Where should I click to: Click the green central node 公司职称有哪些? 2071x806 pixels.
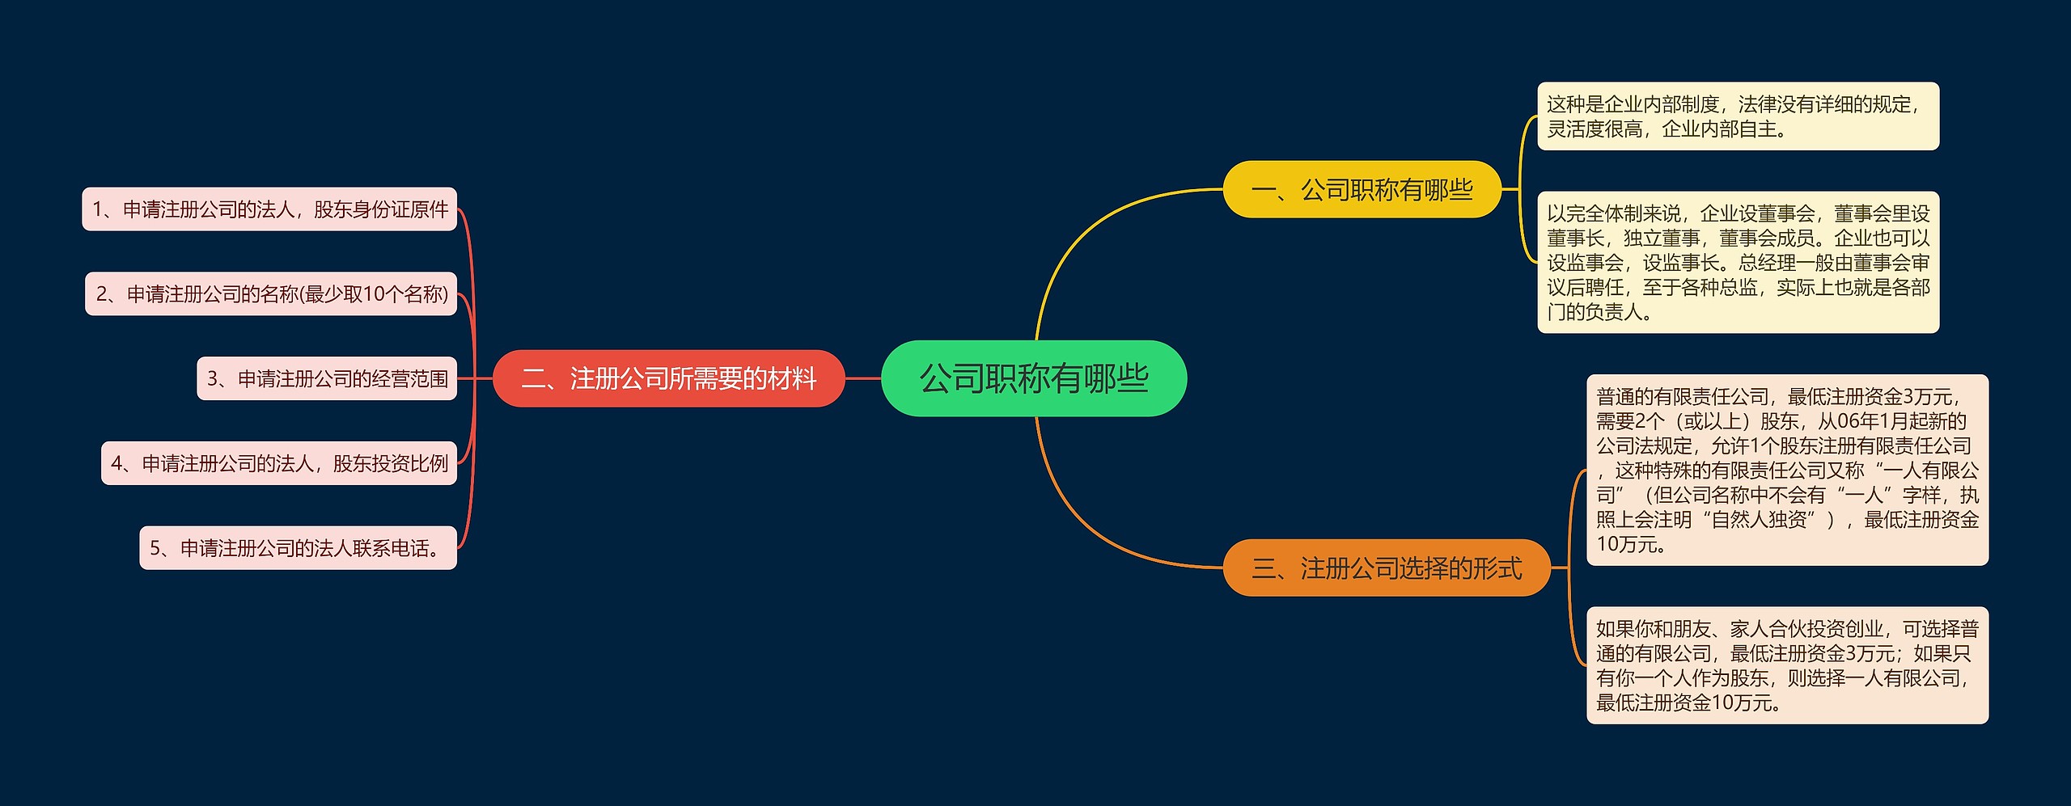click(x=1033, y=378)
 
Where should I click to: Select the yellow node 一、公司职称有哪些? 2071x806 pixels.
click(x=1362, y=189)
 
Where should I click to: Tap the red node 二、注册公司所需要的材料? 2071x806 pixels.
click(x=669, y=378)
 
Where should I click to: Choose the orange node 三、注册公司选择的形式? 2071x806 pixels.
click(x=1387, y=568)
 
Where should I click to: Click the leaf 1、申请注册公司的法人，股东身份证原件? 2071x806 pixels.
click(x=269, y=209)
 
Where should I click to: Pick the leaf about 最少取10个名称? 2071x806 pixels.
click(x=271, y=293)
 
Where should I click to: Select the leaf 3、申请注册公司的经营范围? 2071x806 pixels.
click(x=327, y=378)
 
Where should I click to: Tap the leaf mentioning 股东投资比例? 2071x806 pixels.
click(x=279, y=463)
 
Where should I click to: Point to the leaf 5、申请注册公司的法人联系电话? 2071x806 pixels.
click(x=298, y=548)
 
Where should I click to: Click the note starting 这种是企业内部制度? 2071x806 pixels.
click(x=1738, y=116)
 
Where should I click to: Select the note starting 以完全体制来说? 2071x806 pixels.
click(x=1738, y=262)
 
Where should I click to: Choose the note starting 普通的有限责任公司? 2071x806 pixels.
click(x=1787, y=470)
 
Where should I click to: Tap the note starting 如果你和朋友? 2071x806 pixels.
click(x=1787, y=665)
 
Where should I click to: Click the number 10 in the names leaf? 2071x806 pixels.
click(x=374, y=293)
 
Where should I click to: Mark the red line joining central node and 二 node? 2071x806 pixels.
click(x=862, y=378)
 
